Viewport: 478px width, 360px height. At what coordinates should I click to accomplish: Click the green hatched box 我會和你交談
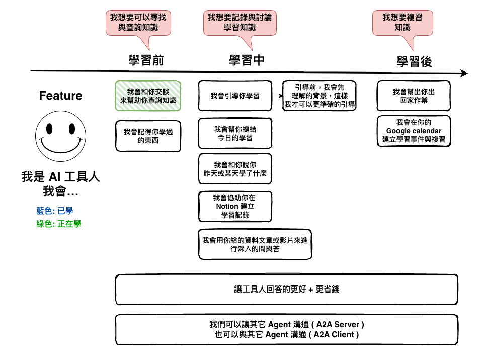tap(148, 96)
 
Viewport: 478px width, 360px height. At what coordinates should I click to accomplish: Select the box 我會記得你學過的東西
tap(148, 136)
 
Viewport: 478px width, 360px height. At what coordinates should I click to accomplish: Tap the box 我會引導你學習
tap(235, 96)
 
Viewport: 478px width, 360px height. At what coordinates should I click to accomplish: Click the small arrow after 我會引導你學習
tap(277, 96)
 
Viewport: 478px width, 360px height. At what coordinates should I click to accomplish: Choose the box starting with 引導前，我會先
tap(319, 96)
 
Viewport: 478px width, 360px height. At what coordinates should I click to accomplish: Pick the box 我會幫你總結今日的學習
tap(235, 133)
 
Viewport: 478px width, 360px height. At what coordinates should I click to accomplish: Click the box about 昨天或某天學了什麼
tap(235, 169)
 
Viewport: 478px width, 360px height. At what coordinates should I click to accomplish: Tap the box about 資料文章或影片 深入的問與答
tap(255, 244)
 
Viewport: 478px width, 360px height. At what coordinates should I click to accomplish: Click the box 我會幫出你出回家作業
tap(414, 96)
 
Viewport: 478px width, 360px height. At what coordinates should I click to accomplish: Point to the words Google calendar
tap(414, 131)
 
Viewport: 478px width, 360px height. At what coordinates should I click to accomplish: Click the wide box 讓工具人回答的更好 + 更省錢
tap(287, 289)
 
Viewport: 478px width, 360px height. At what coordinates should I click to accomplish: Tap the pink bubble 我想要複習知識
tap(403, 23)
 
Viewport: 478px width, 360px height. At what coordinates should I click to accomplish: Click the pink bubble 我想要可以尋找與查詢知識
tap(138, 23)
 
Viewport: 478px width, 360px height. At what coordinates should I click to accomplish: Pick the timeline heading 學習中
tap(247, 60)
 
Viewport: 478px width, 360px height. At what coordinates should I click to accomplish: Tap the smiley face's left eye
tap(49, 129)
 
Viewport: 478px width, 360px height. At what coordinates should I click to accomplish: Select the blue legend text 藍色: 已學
tap(55, 211)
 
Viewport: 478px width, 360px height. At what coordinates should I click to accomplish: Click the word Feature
tap(61, 96)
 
